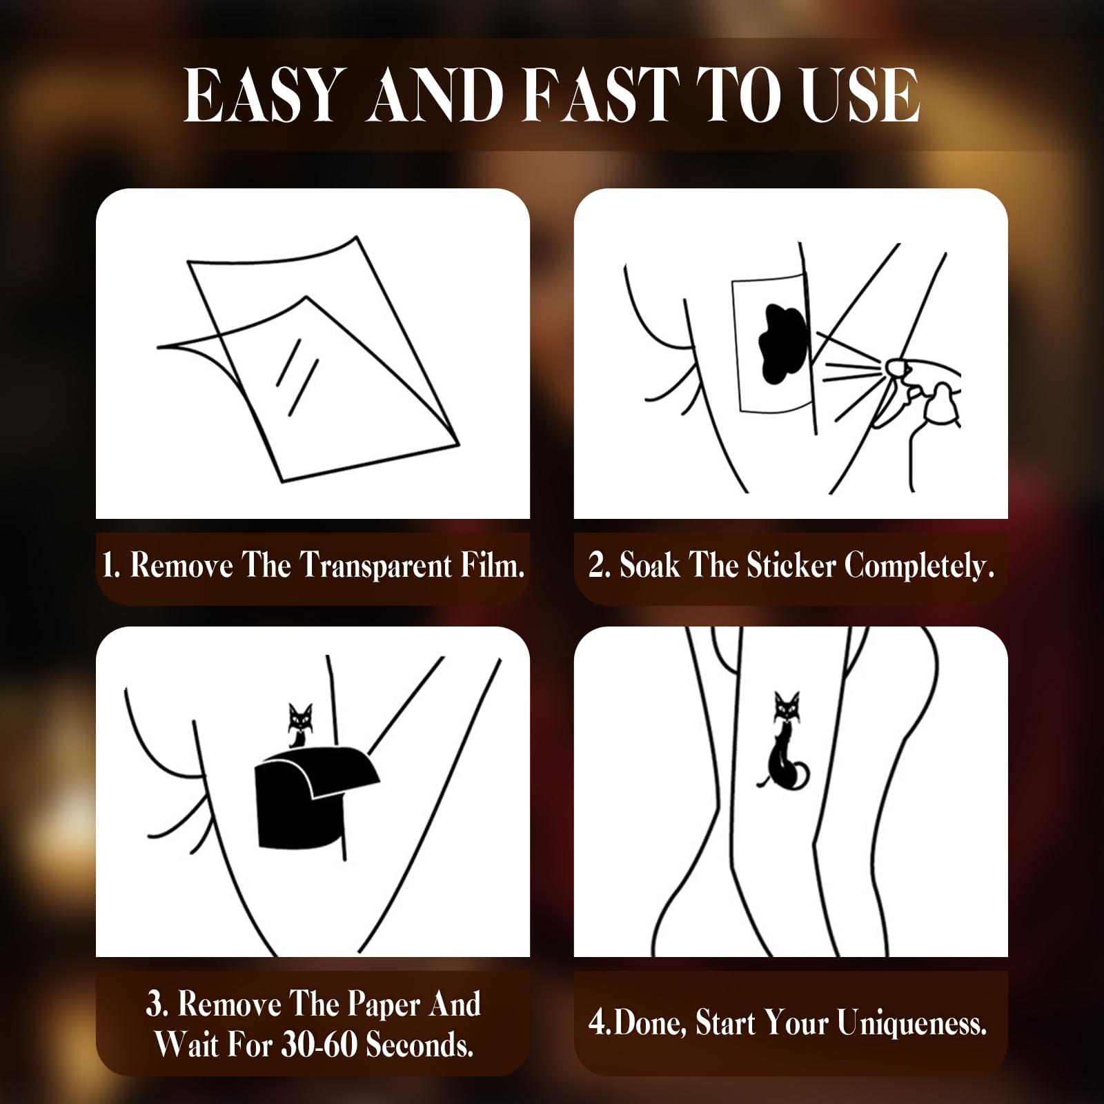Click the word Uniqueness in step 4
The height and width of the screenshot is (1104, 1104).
[911, 1023]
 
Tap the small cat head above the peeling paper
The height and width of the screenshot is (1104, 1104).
[300, 716]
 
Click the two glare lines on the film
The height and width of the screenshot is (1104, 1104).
[297, 376]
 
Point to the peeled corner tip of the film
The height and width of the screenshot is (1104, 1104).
[159, 346]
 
